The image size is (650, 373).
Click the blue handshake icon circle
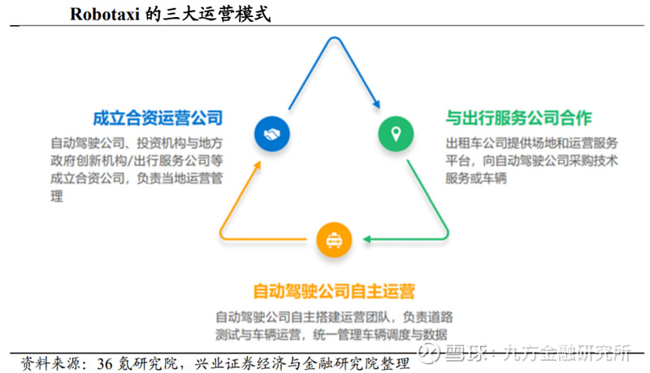click(272, 134)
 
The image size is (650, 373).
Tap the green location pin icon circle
click(396, 134)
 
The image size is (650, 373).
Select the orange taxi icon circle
click(334, 240)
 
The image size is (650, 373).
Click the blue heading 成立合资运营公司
click(158, 118)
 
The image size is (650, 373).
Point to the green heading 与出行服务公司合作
click(518, 118)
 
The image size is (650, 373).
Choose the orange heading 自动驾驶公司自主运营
click(334, 291)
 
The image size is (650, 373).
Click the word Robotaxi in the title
click(105, 14)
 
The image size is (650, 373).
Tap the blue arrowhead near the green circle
click(376, 104)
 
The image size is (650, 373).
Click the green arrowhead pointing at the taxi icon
click(367, 239)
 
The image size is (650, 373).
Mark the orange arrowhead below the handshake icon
click(258, 165)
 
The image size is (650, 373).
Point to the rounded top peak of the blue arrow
click(334, 38)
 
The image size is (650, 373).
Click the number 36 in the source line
click(105, 364)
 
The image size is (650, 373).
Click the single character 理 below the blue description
click(57, 196)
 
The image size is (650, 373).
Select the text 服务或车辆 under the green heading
click(476, 178)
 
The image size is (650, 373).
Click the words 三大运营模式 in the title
click(216, 14)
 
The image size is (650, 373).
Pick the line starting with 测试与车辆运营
click(331, 335)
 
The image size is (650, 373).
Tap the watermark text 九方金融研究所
click(566, 353)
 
